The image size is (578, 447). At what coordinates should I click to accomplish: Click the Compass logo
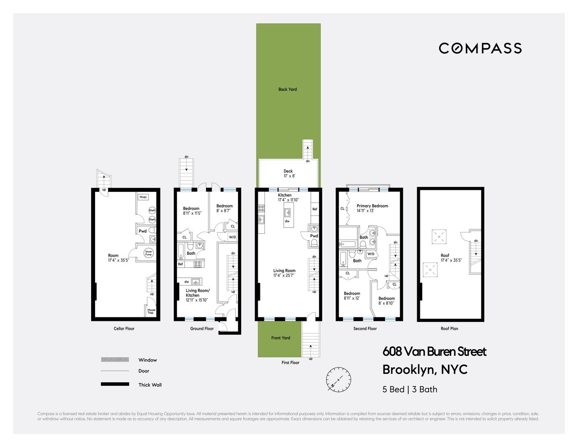[x=480, y=48]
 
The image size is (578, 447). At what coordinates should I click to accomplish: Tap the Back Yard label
[x=287, y=89]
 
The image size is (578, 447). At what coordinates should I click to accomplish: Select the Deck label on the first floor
[x=288, y=171]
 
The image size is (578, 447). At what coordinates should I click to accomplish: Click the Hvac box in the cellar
[x=143, y=197]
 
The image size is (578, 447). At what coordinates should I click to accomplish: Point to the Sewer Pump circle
[x=148, y=253]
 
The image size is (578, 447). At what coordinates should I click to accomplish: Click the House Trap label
[x=151, y=311]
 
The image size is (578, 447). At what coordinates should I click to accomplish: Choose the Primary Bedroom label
[x=372, y=206]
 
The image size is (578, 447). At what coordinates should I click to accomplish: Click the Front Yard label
[x=281, y=338]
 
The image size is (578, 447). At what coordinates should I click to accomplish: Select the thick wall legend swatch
[x=115, y=384]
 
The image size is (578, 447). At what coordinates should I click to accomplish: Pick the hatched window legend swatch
[x=115, y=359]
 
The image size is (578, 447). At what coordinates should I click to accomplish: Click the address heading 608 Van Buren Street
[x=434, y=352]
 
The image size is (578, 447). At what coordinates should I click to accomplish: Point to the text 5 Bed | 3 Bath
[x=410, y=389]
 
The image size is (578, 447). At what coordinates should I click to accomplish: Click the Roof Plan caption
[x=449, y=329]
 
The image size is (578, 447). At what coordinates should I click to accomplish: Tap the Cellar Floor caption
[x=124, y=329]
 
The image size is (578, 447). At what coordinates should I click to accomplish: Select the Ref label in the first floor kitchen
[x=315, y=209]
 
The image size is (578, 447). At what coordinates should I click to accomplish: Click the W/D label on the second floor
[x=371, y=254]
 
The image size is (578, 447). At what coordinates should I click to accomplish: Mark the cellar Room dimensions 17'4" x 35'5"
[x=118, y=260]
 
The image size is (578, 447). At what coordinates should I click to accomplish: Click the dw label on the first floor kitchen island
[x=287, y=221]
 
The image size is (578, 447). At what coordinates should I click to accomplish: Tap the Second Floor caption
[x=365, y=329]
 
